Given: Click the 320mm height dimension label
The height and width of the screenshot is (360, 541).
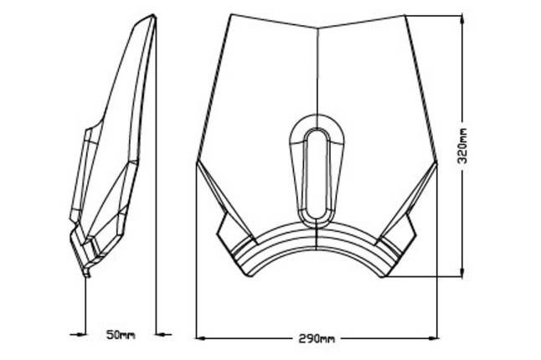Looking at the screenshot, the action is (462, 146).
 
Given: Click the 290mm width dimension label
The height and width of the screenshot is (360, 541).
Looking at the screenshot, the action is (317, 339).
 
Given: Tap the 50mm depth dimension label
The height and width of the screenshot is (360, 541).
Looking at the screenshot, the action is (121, 335).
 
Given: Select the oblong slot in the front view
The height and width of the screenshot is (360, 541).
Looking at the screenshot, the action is (317, 174).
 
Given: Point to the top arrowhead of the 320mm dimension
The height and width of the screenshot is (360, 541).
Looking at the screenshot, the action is (462, 20).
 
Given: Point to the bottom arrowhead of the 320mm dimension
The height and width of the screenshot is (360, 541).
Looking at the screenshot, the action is (462, 271).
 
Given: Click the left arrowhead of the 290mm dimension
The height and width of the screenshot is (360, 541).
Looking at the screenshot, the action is (201, 338).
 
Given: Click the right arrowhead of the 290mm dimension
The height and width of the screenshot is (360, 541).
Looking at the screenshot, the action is (432, 338).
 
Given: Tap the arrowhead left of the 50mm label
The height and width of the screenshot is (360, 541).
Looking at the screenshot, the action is (80, 334).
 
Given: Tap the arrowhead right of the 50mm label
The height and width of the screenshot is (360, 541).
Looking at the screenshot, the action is (162, 334).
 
